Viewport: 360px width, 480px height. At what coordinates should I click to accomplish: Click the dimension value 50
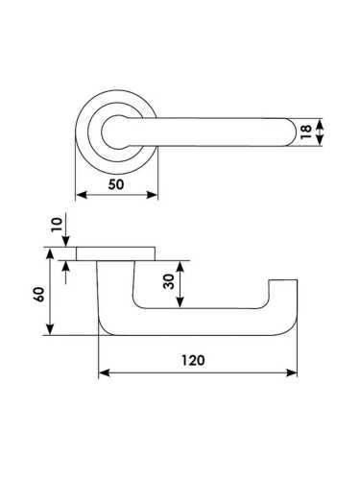pos(116,184)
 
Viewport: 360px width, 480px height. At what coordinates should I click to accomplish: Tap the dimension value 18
pos(306,132)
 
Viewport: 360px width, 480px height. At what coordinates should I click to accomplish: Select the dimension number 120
pos(193,360)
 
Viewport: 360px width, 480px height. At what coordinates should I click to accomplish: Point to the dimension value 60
pos(39,295)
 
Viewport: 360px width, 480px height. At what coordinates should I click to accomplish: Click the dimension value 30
pos(169,281)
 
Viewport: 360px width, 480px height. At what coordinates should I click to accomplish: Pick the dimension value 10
pos(57,225)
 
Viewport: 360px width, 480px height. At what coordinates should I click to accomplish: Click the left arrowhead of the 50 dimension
pos(82,195)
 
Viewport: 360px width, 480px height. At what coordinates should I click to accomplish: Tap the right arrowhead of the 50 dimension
pos(152,195)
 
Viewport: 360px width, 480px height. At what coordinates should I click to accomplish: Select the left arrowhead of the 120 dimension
pos(105,372)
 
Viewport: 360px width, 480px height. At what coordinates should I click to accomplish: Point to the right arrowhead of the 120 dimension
pos(292,372)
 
